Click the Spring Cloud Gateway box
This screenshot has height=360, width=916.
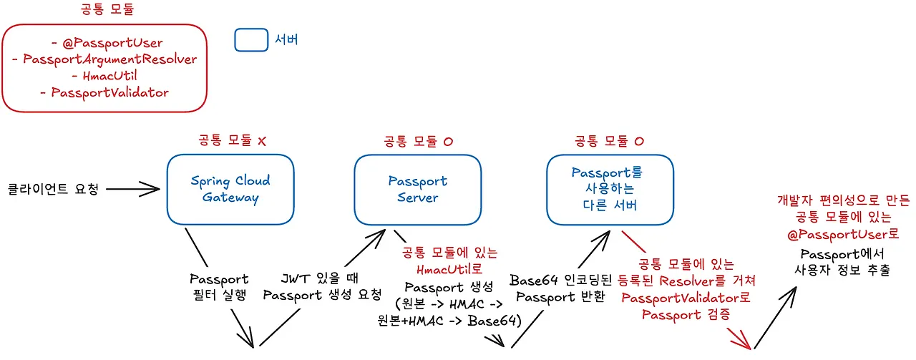[x=230, y=190]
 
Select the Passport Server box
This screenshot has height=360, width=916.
[x=417, y=190]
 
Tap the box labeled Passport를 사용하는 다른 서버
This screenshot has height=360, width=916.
[x=610, y=190]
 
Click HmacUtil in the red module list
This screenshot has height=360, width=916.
[x=104, y=76]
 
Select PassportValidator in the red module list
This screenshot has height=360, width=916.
[x=104, y=92]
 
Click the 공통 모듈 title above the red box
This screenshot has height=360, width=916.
[x=108, y=10]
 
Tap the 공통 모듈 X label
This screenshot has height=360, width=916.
[x=230, y=141]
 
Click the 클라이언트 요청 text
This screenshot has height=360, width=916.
[x=52, y=190]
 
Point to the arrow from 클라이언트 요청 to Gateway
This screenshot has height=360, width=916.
[x=133, y=190]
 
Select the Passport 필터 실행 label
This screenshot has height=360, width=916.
[x=219, y=286]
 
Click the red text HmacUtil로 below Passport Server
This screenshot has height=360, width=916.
[x=450, y=269]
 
